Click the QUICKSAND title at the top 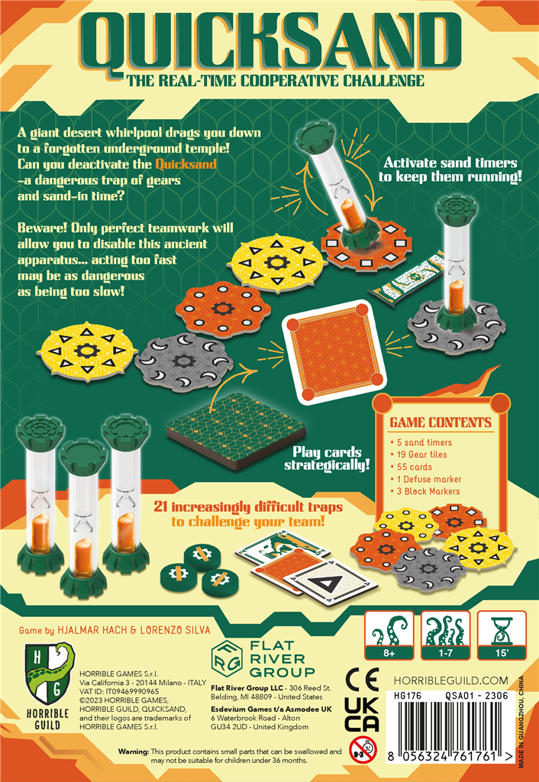point(269,43)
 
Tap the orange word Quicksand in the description point(186,164)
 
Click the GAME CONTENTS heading point(441,422)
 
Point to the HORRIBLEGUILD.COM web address point(450,680)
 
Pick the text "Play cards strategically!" point(327,459)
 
